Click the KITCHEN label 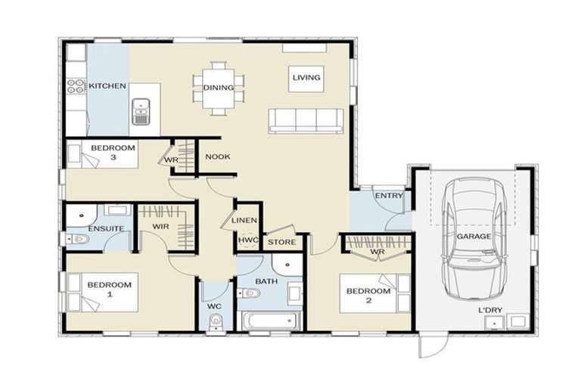107,86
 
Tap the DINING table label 218,88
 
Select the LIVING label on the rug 306,77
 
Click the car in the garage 474,236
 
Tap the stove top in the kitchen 75,86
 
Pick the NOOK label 218,157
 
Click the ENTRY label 389,196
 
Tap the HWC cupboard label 248,241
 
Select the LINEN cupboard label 245,221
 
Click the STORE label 281,243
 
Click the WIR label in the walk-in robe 160,226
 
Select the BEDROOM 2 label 368,296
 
